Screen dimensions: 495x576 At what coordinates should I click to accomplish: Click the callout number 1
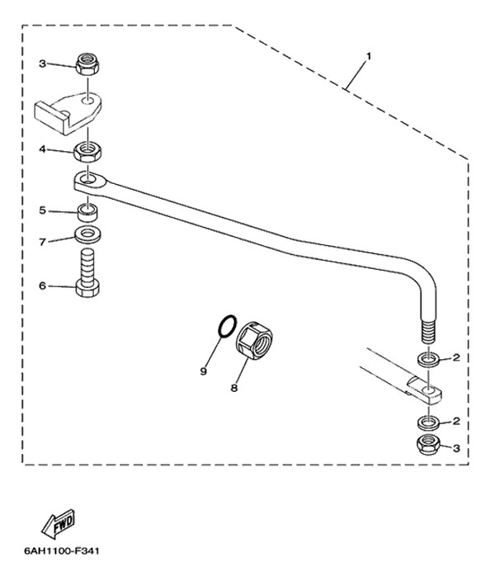click(368, 57)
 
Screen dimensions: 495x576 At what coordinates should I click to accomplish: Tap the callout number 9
click(204, 371)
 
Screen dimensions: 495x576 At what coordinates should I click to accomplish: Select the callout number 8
click(234, 388)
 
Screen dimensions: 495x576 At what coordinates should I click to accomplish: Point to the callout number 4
click(43, 149)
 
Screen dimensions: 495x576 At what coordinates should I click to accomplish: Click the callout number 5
click(43, 210)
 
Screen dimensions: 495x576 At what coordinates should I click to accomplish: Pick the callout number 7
click(43, 242)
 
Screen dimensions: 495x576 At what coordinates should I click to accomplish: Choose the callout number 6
click(43, 286)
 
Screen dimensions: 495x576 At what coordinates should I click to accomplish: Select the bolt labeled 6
click(87, 273)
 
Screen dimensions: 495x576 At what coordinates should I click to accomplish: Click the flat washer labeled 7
click(87, 234)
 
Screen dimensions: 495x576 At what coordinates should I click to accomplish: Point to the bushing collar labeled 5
click(87, 213)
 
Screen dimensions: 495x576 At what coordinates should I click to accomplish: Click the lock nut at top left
click(87, 64)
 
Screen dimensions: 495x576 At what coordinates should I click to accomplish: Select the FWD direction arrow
click(59, 523)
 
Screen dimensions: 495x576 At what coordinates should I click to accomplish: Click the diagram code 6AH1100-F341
click(62, 551)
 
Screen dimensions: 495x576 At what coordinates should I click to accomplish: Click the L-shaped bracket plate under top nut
click(68, 112)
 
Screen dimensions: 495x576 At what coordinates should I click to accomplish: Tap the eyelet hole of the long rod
click(87, 180)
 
